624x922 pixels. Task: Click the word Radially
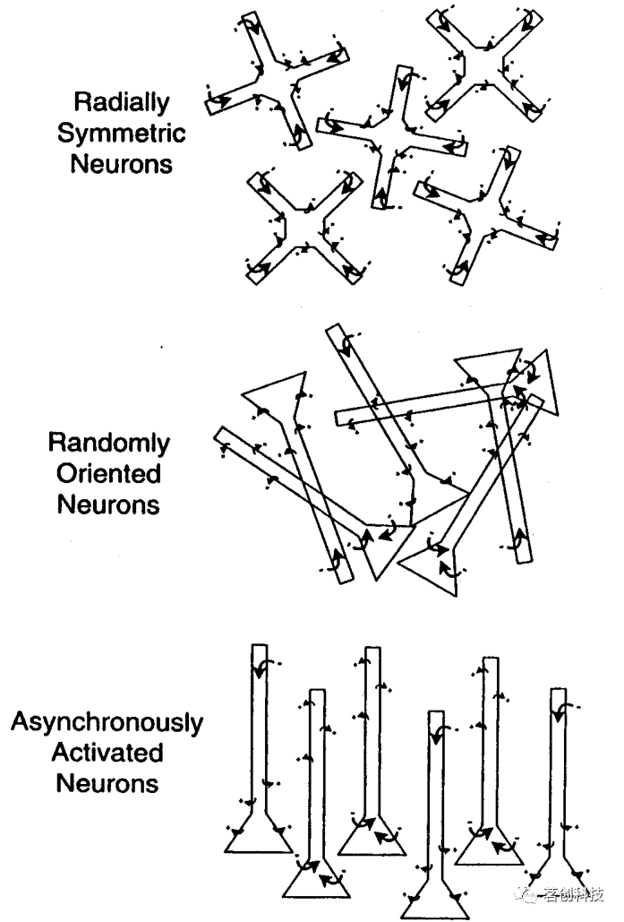point(122,102)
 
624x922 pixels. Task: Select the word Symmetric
point(122,134)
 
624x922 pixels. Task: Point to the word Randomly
point(108,442)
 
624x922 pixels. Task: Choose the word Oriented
point(108,472)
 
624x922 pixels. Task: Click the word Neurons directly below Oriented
point(108,504)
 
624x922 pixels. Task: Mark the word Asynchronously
point(107,722)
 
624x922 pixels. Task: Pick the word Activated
point(107,753)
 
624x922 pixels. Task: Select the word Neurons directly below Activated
point(107,784)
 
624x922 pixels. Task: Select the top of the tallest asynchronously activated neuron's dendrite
point(259,649)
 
